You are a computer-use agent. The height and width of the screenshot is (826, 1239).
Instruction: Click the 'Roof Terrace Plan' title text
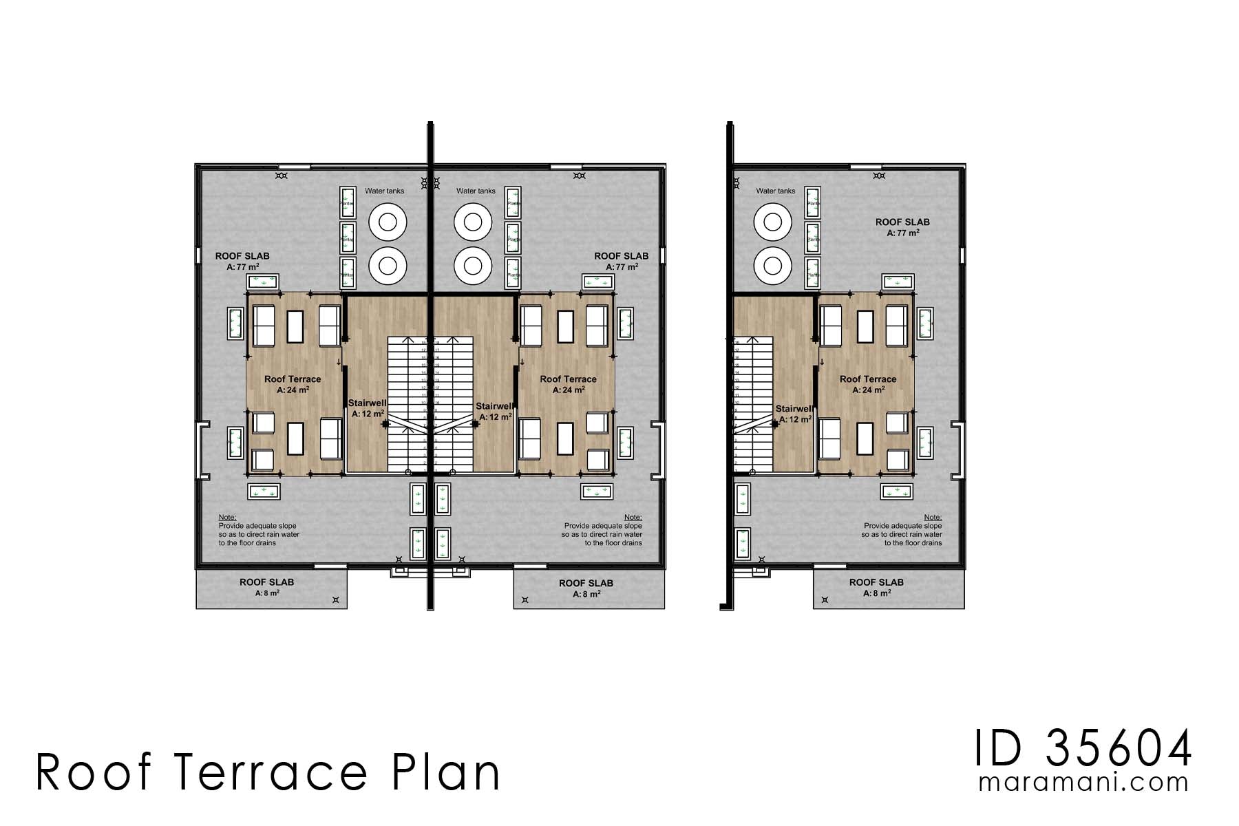268,772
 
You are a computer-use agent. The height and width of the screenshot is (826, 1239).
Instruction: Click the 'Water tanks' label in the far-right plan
775,191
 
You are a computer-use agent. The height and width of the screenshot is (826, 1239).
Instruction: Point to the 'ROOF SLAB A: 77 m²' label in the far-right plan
902,227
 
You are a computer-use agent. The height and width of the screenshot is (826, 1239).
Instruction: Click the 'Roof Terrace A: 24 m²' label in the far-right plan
867,384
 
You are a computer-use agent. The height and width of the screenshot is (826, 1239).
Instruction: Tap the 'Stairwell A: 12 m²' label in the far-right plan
794,413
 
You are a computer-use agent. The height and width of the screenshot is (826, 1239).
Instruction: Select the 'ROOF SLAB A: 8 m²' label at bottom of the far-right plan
876,587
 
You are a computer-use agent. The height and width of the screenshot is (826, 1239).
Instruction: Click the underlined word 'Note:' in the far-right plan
933,517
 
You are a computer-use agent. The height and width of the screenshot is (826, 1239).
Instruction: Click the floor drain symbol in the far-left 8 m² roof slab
336,600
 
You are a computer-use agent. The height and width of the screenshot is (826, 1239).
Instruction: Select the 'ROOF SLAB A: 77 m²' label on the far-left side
242,261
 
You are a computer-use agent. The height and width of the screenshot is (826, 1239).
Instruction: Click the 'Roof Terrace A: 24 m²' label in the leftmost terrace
293,384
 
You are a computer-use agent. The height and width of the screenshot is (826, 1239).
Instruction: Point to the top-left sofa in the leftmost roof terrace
265,325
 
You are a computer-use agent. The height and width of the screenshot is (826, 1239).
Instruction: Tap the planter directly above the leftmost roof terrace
263,282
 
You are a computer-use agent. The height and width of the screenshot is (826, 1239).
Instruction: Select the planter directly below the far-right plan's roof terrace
898,491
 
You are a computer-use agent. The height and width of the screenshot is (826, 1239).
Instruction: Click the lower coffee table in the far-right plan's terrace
865,438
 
